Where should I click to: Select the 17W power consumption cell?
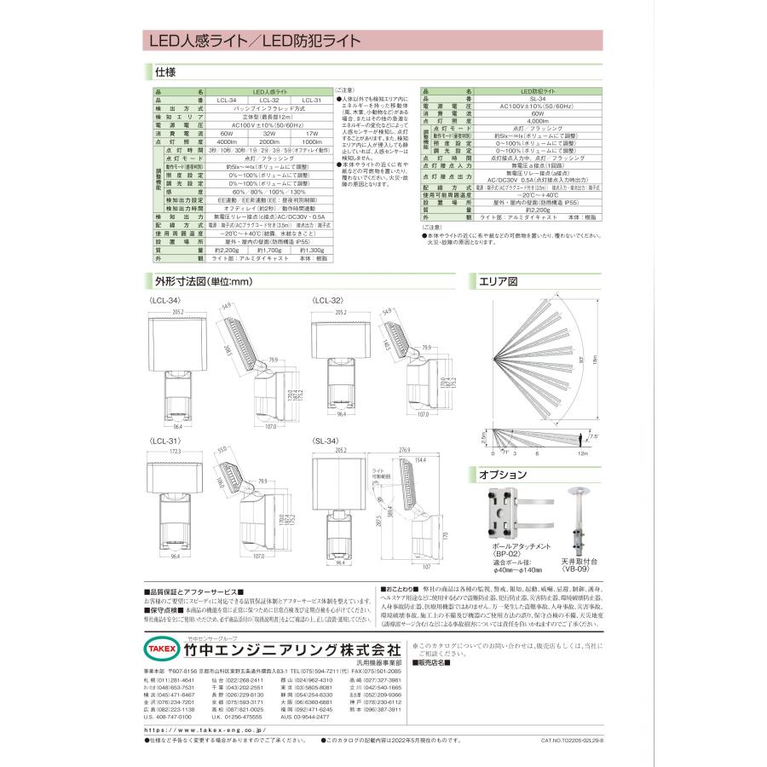click(312, 134)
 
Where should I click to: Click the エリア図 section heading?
click(500, 281)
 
